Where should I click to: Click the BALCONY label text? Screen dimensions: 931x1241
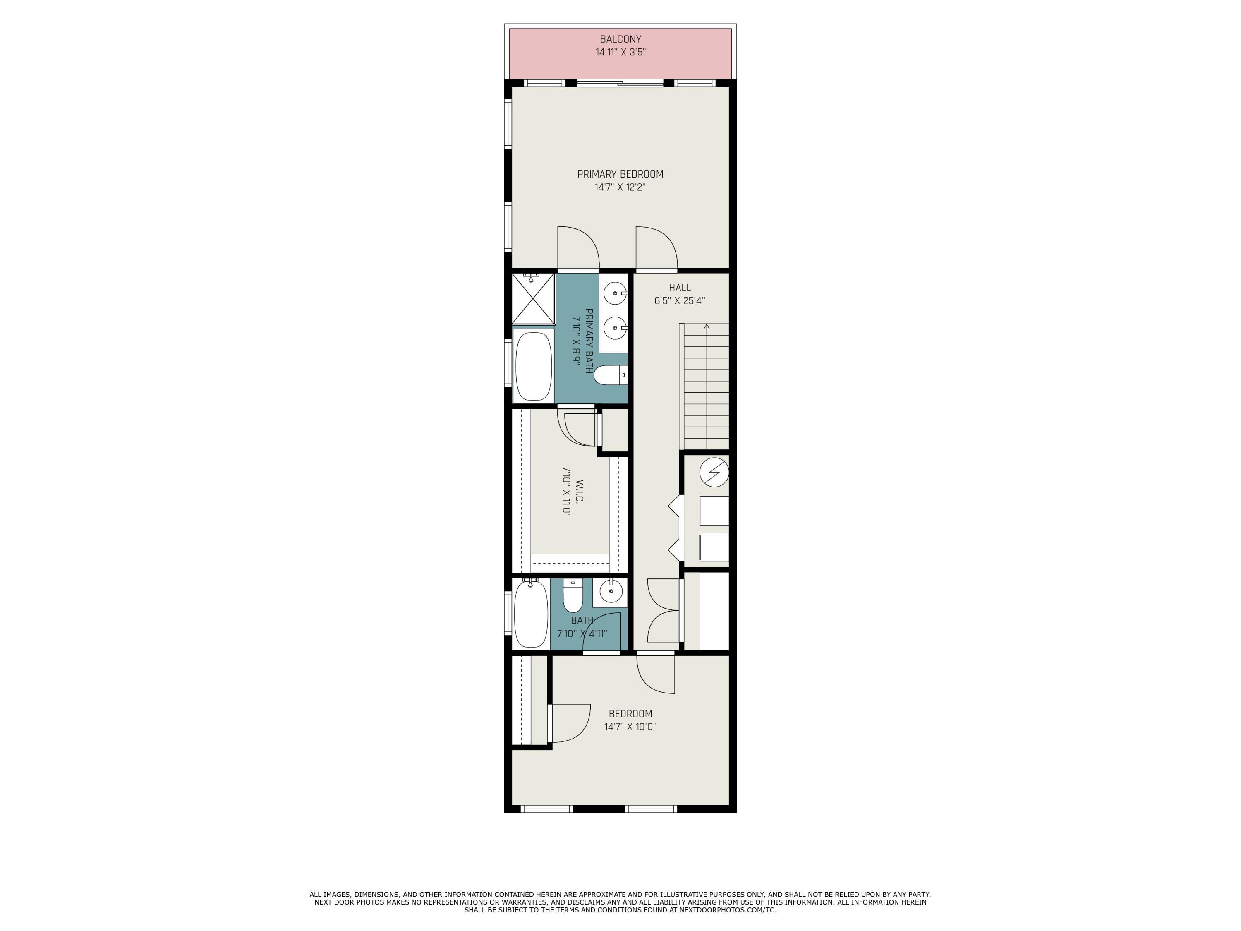tap(620, 39)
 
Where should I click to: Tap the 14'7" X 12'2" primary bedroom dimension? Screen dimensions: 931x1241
tap(620, 187)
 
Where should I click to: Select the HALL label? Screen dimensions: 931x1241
tap(679, 288)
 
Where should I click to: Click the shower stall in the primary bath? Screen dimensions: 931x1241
tap(533, 299)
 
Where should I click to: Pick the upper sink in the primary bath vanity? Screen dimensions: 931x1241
tap(616, 293)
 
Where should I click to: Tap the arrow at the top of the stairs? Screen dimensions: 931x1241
tap(707, 326)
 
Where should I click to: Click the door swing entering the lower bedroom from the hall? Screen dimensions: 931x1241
tap(655, 674)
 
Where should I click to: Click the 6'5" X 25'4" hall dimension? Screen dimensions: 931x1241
tap(679, 301)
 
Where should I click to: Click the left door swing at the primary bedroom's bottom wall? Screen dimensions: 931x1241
tap(578, 247)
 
